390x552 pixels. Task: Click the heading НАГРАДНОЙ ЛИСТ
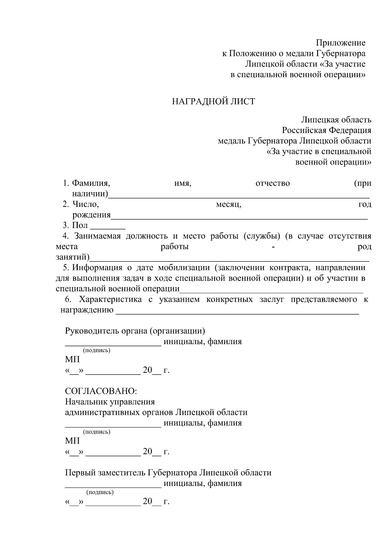point(214,102)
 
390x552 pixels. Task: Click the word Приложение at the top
point(341,43)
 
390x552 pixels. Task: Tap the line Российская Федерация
point(326,130)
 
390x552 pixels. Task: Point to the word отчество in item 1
point(273,183)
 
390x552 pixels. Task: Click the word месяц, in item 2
point(228,205)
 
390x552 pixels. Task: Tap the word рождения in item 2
point(91,215)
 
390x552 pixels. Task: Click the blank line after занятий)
point(229,259)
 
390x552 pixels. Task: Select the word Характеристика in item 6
point(110,300)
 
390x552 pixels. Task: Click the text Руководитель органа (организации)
point(135,331)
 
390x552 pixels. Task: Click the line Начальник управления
point(110,402)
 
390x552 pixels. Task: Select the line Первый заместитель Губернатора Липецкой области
point(168,473)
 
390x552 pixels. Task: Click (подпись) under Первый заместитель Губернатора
point(100,492)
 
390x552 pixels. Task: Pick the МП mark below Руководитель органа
point(72,360)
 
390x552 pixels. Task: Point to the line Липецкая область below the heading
point(336,120)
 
